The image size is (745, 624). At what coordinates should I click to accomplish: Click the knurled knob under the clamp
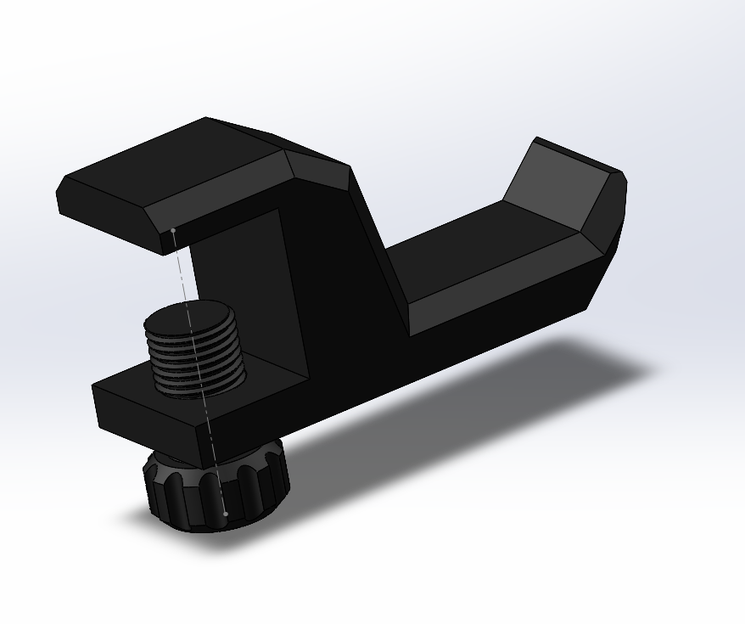pyautogui.click(x=216, y=492)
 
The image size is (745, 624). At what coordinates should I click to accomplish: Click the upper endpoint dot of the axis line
pyautogui.click(x=173, y=230)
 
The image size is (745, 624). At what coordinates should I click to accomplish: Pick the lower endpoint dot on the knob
pyautogui.click(x=226, y=514)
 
